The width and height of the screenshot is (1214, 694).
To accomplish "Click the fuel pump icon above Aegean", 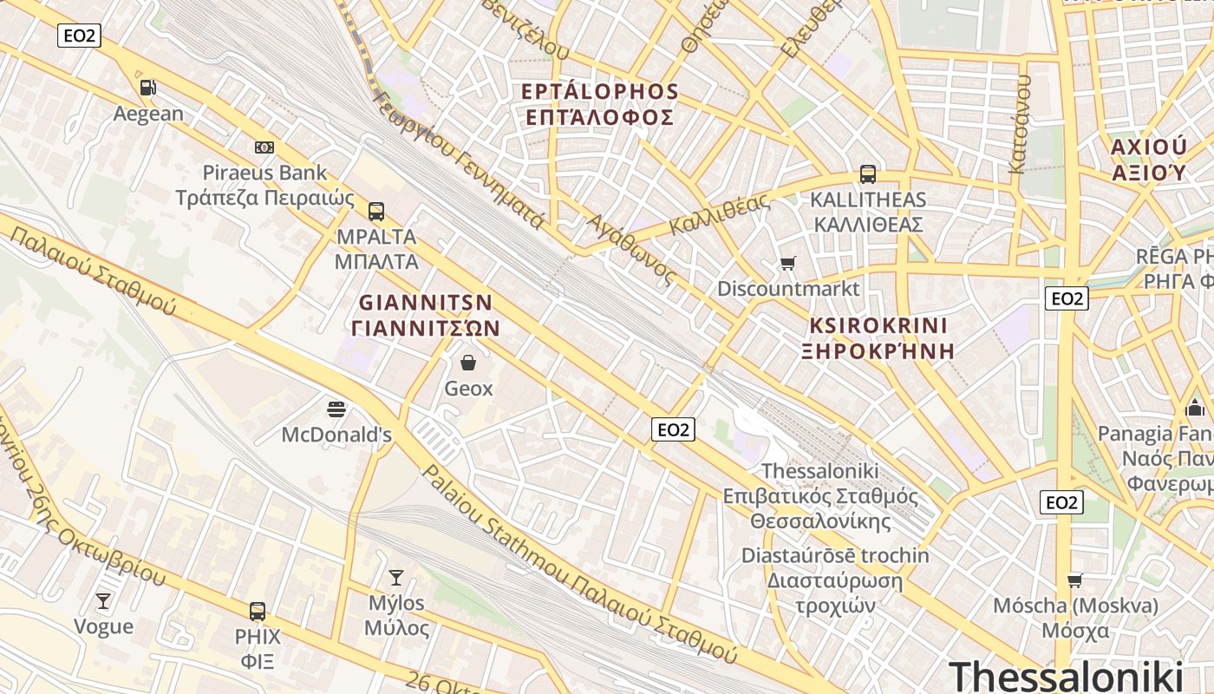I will (x=148, y=88).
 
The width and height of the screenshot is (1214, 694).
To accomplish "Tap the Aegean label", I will (x=148, y=114).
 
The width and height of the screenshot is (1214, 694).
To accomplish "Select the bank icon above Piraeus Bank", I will (x=264, y=147).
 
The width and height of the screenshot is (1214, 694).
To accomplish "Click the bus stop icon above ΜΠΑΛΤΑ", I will (x=375, y=211).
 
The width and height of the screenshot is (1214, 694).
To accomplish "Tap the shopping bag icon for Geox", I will (x=468, y=363).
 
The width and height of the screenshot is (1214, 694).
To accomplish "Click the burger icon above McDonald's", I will (x=336, y=409).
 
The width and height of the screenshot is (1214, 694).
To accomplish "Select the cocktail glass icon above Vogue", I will (x=103, y=601).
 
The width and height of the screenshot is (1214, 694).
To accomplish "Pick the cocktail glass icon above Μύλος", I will (x=396, y=577).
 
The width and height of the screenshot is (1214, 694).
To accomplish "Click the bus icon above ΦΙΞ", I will (x=258, y=611).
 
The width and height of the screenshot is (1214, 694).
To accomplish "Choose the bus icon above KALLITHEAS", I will (x=867, y=173).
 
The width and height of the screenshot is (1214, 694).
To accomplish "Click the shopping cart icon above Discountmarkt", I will (x=787, y=263).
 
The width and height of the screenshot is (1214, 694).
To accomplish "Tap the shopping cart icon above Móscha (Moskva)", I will (x=1075, y=580).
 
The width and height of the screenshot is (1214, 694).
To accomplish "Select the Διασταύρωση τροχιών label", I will (x=833, y=580).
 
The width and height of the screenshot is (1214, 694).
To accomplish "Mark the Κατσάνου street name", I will (x=1021, y=121).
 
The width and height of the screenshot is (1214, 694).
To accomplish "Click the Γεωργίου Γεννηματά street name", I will (x=459, y=160).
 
